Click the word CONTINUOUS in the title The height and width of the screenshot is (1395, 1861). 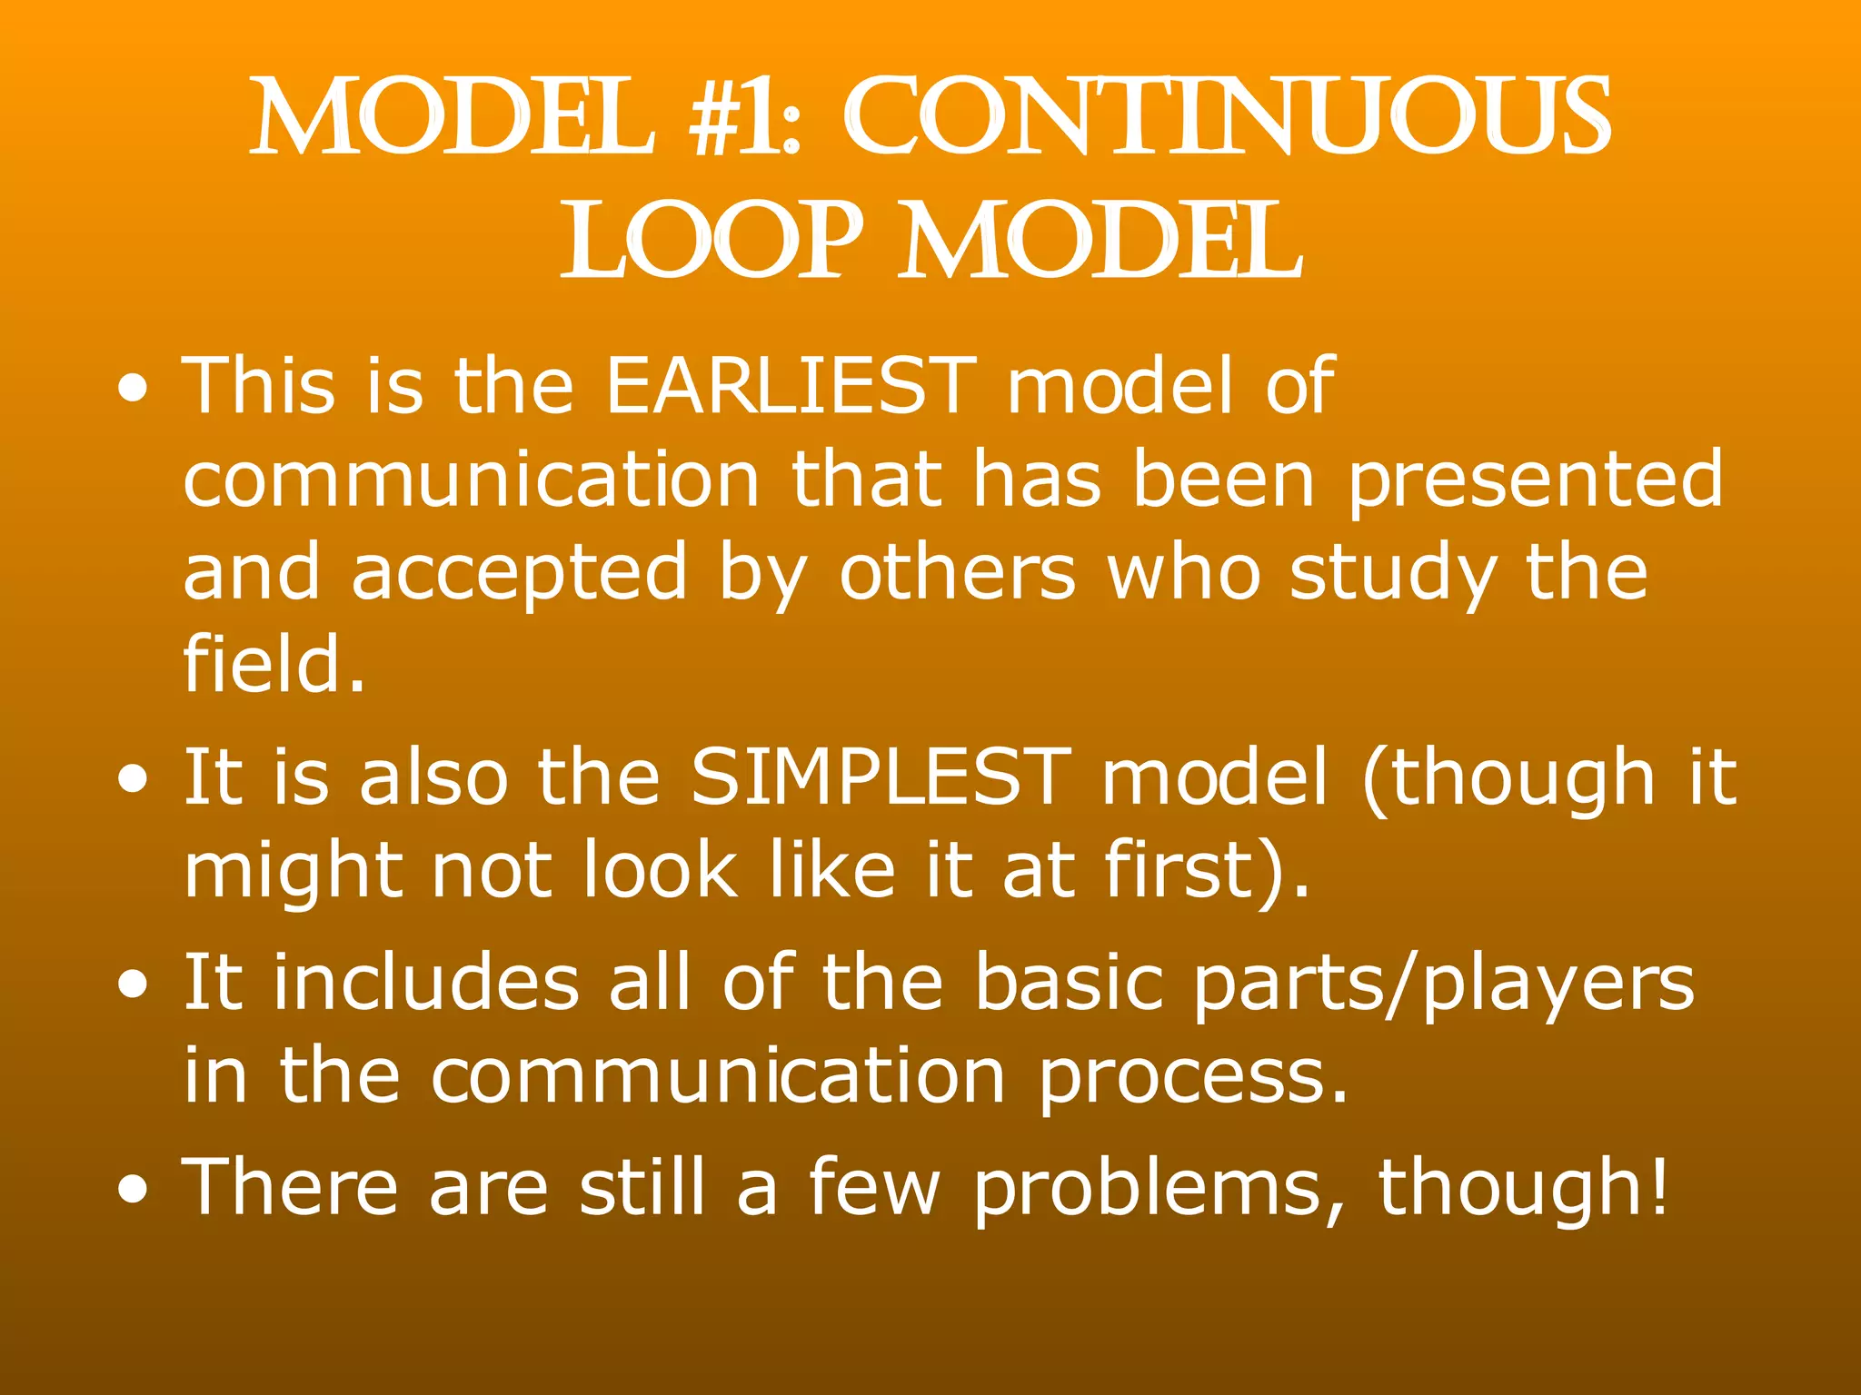coord(1227,118)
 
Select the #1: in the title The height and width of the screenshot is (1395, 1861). coord(745,118)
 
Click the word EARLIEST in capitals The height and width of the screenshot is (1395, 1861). coord(791,386)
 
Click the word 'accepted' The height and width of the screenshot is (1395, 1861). coord(519,575)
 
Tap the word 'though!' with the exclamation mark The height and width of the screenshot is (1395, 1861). coord(1523,1188)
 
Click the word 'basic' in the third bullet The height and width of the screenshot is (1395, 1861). coord(1069,983)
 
